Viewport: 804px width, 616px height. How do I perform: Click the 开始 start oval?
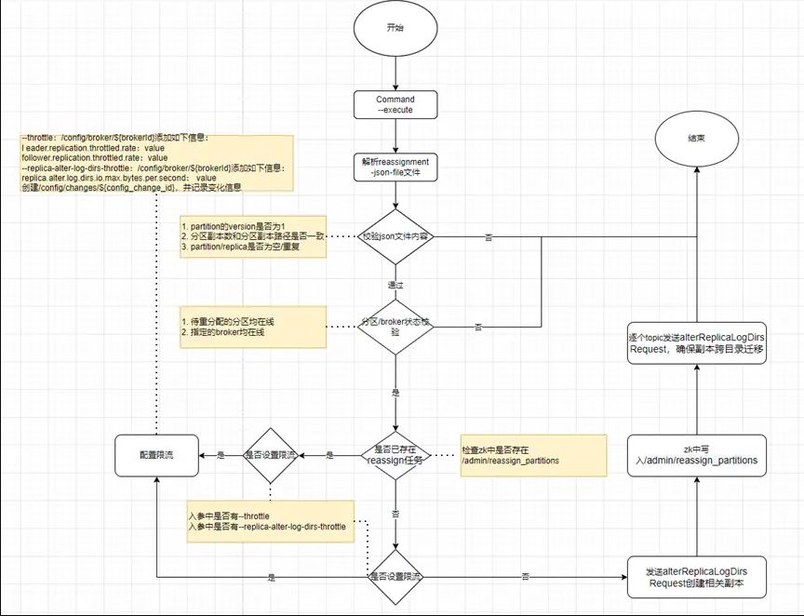point(395,29)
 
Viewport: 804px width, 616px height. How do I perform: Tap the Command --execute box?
point(395,104)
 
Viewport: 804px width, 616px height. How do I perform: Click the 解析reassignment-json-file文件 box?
point(395,167)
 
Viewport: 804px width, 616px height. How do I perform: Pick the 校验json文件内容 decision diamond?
point(395,236)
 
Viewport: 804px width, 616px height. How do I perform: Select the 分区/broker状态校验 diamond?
point(395,326)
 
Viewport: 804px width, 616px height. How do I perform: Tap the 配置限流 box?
point(156,455)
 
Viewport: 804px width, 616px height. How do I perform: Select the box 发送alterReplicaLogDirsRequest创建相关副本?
point(697,577)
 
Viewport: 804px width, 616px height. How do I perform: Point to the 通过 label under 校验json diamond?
point(395,282)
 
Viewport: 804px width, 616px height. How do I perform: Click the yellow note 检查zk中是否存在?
point(532,455)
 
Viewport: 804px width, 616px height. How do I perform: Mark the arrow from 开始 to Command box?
point(395,74)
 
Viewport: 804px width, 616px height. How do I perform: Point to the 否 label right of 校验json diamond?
point(489,237)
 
